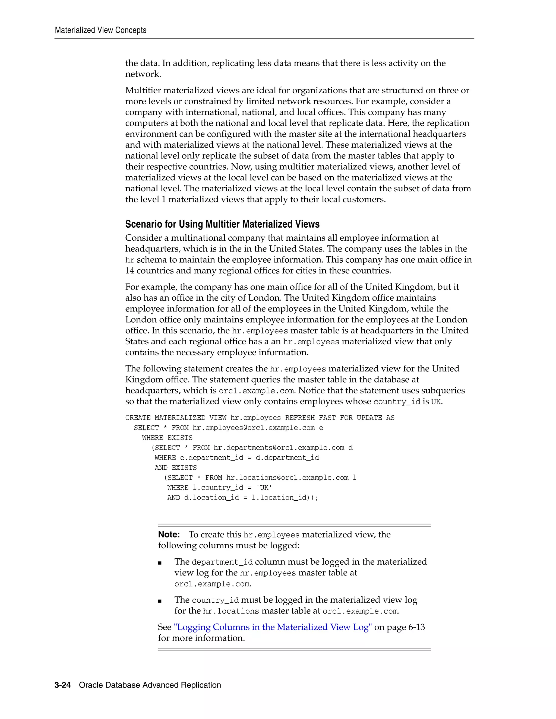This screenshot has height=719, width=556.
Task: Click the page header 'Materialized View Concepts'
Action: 100,30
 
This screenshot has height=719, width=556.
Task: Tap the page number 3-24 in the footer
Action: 63,685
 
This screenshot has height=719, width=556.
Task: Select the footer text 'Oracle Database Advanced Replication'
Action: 150,685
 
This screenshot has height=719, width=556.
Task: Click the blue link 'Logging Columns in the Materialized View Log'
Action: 273,627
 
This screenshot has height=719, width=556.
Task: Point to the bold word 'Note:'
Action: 169,534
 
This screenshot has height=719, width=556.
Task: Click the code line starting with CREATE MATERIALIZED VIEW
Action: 260,418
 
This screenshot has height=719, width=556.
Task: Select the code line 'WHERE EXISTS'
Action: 167,438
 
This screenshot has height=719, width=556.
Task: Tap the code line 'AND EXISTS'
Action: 176,468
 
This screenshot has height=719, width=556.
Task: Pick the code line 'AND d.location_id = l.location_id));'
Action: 243,497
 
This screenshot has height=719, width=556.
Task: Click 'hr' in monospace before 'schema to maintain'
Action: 130,260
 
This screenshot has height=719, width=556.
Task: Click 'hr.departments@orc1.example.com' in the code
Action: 279,448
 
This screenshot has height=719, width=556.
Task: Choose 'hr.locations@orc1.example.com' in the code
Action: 287,478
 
